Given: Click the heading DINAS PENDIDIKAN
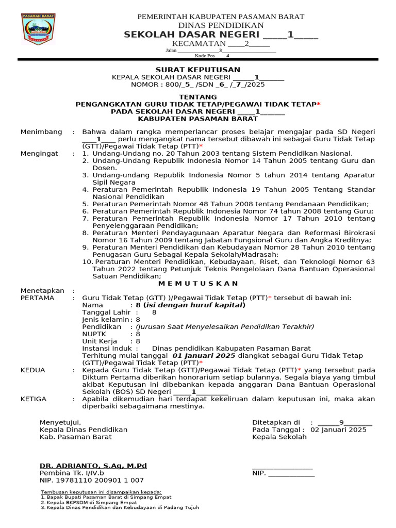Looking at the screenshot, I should point(221,25).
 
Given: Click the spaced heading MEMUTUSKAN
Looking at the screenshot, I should point(198,283).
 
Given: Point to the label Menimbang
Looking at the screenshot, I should point(41,132).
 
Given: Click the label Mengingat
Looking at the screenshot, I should point(40,154).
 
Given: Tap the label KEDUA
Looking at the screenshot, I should point(33,370).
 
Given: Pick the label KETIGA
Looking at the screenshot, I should point(34,399).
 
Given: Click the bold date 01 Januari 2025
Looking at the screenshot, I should point(204,356).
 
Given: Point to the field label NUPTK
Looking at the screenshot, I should point(94,334).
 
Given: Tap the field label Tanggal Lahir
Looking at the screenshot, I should point(106,312).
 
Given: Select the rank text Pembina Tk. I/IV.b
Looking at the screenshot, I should point(72,473).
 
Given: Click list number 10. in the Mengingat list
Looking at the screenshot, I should point(87,262).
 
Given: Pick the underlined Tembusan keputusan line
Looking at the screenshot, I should point(101,492).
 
